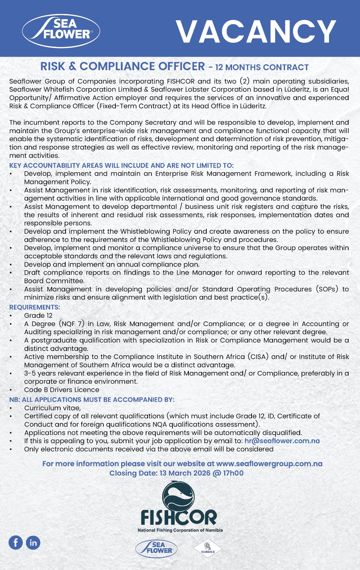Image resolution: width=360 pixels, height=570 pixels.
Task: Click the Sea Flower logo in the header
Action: (x=61, y=31)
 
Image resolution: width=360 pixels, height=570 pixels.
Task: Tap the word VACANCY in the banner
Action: (x=256, y=32)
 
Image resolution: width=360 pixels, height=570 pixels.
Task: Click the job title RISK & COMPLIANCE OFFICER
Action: (x=123, y=67)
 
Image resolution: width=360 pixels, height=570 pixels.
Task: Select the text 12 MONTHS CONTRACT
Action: (x=262, y=67)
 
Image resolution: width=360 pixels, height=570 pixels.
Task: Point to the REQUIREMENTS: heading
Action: (x=35, y=307)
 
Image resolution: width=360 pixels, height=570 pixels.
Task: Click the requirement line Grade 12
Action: (x=38, y=316)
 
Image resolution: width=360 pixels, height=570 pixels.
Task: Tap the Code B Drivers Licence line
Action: (x=62, y=390)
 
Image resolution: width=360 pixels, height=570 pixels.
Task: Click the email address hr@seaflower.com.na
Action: (x=282, y=441)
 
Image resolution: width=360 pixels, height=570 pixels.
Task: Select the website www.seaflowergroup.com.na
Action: (x=269, y=464)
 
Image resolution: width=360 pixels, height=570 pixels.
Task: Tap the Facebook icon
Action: (x=16, y=543)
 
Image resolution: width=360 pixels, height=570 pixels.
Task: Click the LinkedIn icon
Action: (x=33, y=543)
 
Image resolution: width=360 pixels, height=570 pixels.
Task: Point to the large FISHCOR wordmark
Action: (x=179, y=517)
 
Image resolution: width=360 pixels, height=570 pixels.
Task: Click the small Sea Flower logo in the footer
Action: (x=156, y=548)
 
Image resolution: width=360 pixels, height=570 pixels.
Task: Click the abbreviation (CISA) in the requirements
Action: (x=257, y=357)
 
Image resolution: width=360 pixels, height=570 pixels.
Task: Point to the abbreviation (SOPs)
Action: (x=326, y=289)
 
